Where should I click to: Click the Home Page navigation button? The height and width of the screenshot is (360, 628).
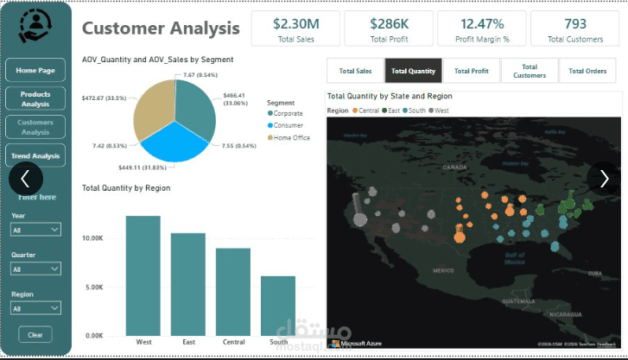point(35,71)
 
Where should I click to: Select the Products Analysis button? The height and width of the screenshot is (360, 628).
point(35,98)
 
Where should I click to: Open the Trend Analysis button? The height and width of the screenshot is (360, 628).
point(35,156)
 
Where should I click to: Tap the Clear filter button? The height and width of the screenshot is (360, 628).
point(35,335)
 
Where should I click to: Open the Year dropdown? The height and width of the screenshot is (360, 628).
point(35,230)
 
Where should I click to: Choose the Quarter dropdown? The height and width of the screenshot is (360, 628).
point(35,269)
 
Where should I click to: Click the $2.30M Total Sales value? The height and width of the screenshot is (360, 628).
point(295,23)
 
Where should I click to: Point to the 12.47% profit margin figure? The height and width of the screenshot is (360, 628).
point(482,23)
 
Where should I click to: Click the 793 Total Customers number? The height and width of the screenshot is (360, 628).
point(574,23)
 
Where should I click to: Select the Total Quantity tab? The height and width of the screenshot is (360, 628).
point(413,71)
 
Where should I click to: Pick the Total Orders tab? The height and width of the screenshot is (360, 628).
point(587,71)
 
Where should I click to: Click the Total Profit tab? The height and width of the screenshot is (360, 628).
point(471,71)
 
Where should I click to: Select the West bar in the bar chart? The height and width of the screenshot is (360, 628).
point(143,276)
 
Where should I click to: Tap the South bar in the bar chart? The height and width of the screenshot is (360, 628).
point(278,306)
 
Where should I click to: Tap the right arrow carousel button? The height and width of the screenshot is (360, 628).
point(602,178)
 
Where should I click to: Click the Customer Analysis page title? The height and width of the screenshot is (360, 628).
point(161,28)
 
